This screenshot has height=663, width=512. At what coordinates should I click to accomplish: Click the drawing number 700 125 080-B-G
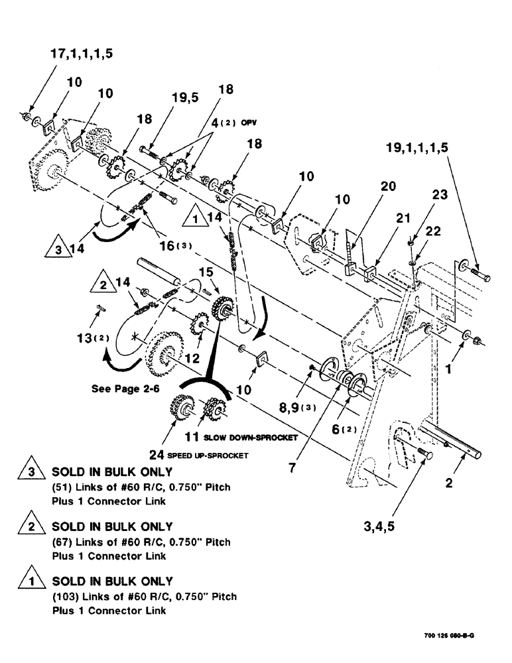click(x=450, y=634)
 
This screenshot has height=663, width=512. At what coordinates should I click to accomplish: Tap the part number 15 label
click(x=207, y=272)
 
